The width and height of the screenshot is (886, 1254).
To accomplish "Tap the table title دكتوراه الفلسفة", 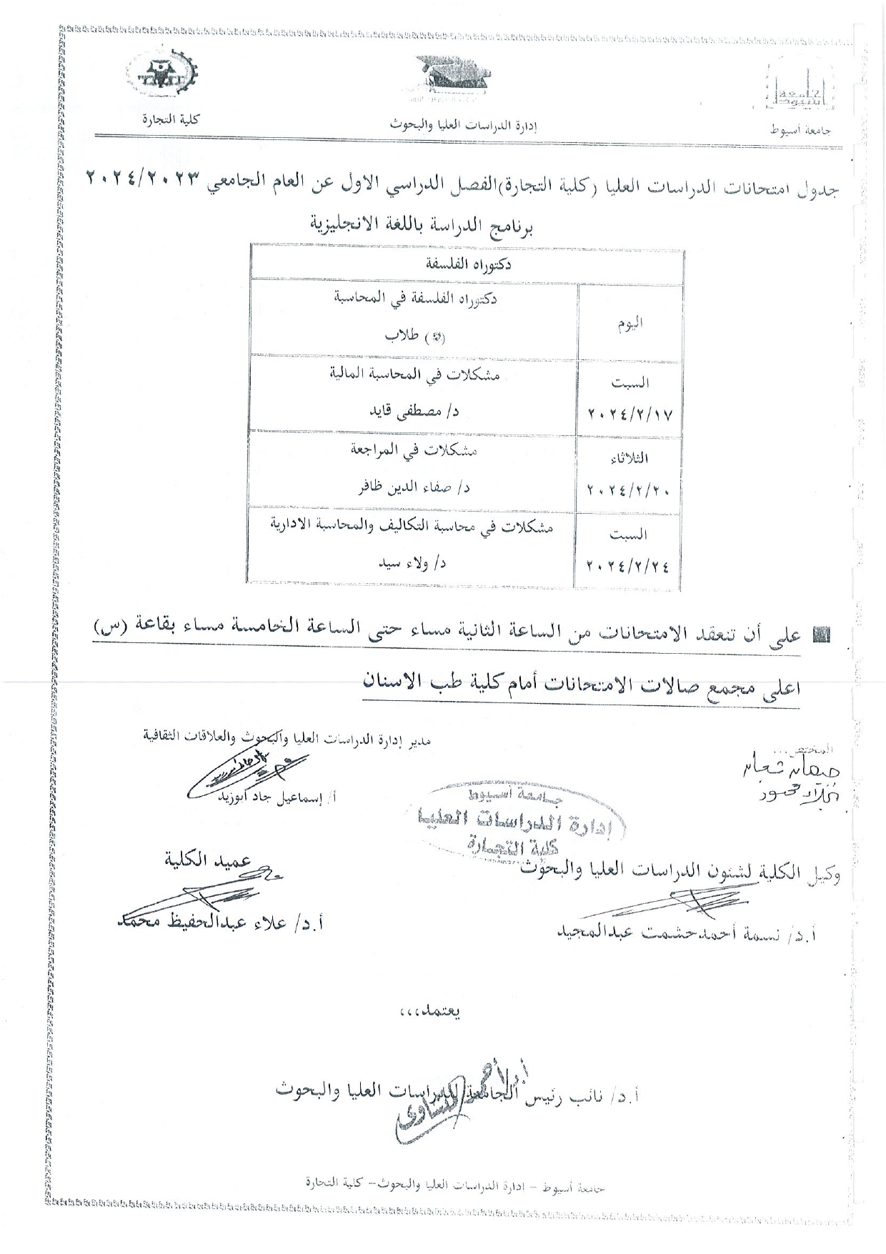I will coord(468,264).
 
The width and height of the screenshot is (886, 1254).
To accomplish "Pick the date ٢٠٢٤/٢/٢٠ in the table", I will coord(629,491).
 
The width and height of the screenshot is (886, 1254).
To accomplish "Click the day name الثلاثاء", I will coord(629,458).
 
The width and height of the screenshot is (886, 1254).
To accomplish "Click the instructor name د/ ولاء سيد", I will coord(412,564).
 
